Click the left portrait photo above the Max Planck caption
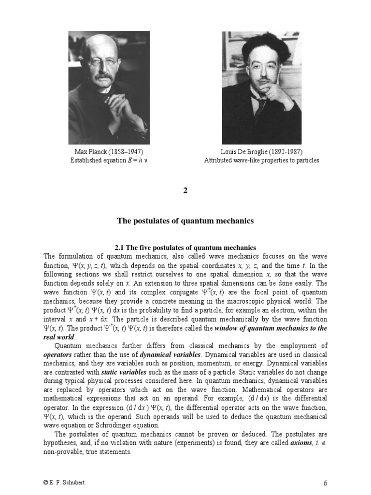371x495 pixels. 109,87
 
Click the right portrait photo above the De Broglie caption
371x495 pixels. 261,87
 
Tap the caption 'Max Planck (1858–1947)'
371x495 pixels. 109,152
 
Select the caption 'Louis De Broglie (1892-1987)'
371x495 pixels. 261,152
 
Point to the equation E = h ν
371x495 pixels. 137,160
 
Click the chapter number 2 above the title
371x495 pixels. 185,190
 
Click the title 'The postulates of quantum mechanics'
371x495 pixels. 185,221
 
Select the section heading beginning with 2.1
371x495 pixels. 185,247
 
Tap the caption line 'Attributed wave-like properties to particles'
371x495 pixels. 261,160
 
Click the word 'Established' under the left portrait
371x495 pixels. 87,160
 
